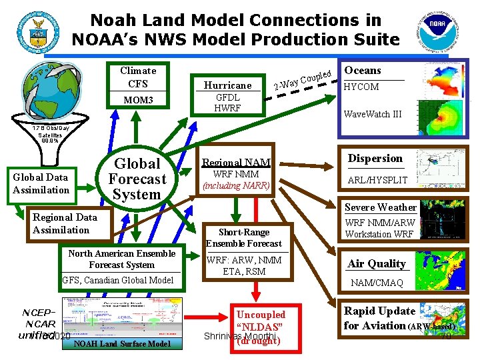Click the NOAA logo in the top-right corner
442,30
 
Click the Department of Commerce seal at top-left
33,29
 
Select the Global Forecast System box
137,179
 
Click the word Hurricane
227,85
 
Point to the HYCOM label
361,87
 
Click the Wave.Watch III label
372,114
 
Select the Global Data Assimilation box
41,183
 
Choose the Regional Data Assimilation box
65,223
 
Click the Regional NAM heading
236,162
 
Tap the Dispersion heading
375,159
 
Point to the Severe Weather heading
381,207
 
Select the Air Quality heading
377,263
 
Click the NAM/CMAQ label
377,283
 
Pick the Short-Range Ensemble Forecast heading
244,238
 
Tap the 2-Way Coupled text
304,79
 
